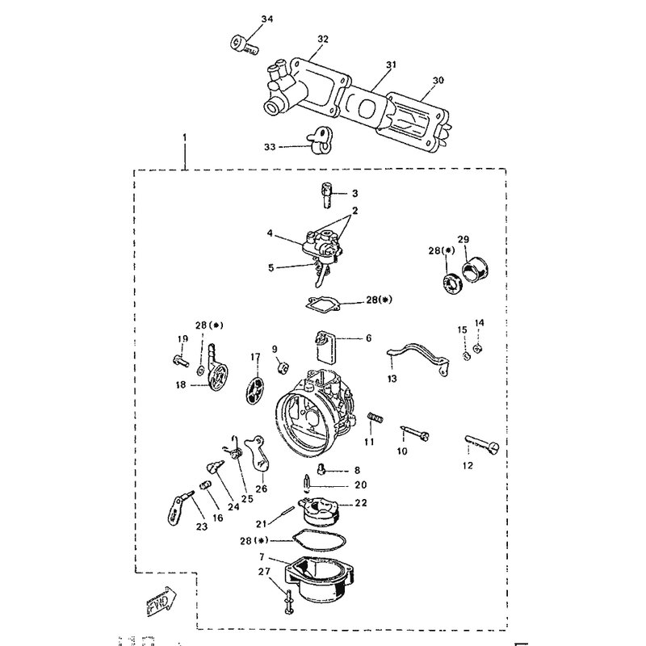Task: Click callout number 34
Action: (268, 18)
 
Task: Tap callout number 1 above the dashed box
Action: (185, 139)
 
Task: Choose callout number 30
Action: (438, 81)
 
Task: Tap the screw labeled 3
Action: (328, 193)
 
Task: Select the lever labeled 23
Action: (178, 505)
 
